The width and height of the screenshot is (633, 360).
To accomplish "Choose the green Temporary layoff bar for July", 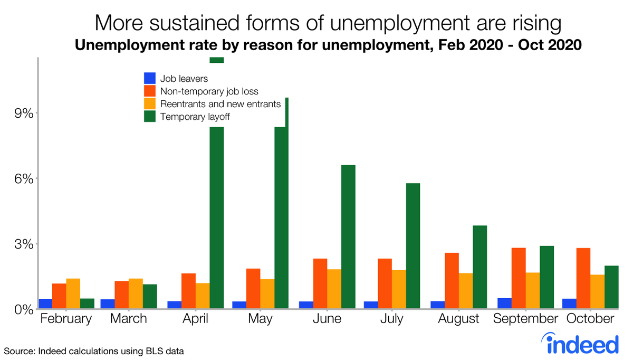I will tap(413, 245).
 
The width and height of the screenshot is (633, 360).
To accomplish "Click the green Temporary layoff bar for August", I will tap(479, 267).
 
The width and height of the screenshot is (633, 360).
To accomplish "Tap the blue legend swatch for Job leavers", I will tap(150, 78).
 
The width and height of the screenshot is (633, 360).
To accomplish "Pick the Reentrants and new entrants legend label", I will tap(220, 104).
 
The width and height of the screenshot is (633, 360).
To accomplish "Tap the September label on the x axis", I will tap(525, 319).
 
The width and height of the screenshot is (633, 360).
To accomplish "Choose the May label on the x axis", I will tap(260, 319).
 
